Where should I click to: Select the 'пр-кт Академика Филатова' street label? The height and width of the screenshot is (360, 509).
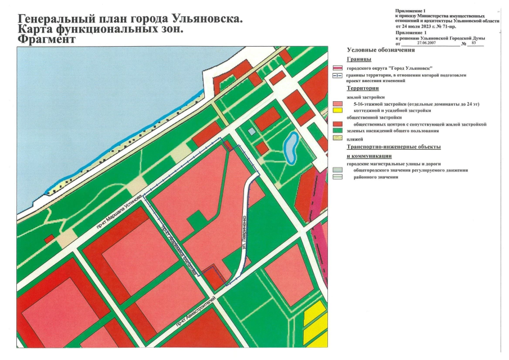pyautogui.click(x=179, y=250)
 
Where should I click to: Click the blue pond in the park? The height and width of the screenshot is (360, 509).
pyautogui.click(x=291, y=147)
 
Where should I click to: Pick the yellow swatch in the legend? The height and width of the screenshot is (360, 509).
pyautogui.click(x=338, y=111)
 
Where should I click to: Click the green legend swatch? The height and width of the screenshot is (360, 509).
pyautogui.click(x=338, y=131)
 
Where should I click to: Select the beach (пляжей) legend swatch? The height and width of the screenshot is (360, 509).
pyautogui.click(x=338, y=138)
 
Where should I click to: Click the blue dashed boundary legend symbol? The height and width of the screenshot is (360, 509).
pyautogui.click(x=338, y=75)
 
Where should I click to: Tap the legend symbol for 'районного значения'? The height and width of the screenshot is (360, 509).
pyautogui.click(x=338, y=177)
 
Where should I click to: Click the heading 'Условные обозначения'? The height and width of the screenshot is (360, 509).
pyautogui.click(x=381, y=50)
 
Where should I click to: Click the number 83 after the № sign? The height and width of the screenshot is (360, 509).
pyautogui.click(x=474, y=43)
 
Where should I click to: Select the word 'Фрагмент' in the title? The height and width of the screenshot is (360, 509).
pyautogui.click(x=46, y=40)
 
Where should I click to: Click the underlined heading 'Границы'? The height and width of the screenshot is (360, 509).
pyautogui.click(x=359, y=59)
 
